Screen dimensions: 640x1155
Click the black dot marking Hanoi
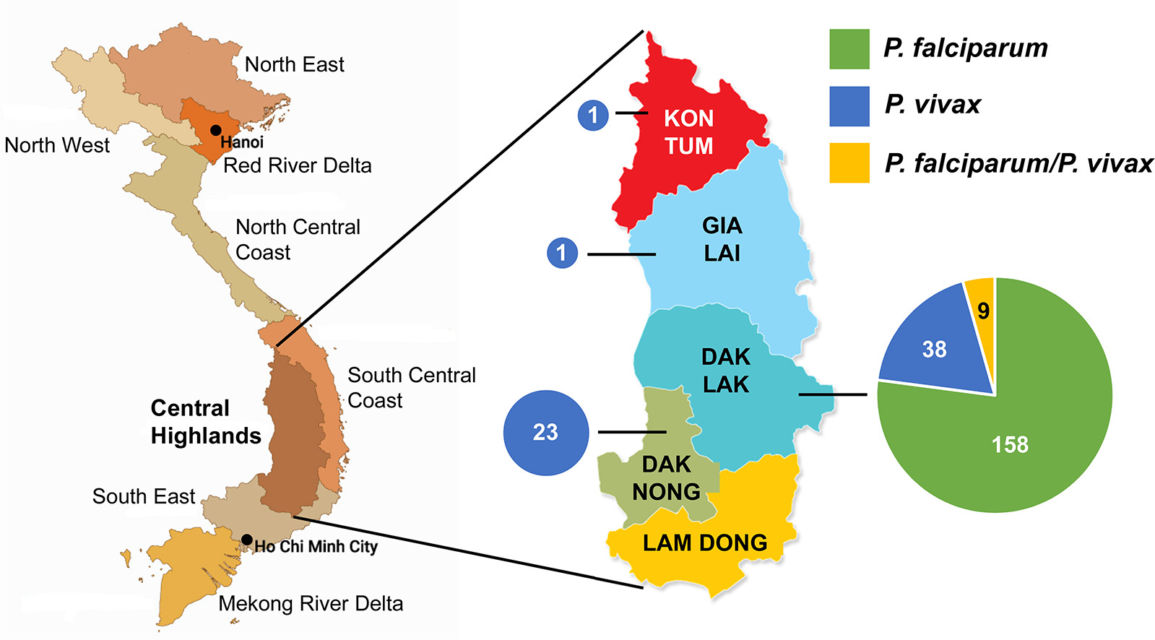point(215,131)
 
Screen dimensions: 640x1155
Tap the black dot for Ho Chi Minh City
point(246,540)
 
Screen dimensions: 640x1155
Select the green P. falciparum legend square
point(849,49)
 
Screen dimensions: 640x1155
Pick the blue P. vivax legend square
point(849,106)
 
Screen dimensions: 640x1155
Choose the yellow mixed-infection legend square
point(849,163)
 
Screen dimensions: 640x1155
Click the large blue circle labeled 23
point(546,433)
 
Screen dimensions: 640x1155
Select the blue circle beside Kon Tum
point(593,115)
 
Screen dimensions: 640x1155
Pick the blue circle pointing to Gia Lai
point(562,253)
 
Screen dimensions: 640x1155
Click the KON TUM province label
point(689,132)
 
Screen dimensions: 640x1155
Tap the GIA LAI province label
point(722,239)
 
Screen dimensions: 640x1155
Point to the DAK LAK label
point(726,371)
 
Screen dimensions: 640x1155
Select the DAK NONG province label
point(666,478)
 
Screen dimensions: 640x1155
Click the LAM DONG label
point(705,542)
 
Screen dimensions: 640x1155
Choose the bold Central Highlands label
point(206,422)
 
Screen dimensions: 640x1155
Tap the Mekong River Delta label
point(311,604)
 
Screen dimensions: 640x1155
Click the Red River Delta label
point(298,165)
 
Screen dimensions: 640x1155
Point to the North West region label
point(57,145)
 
